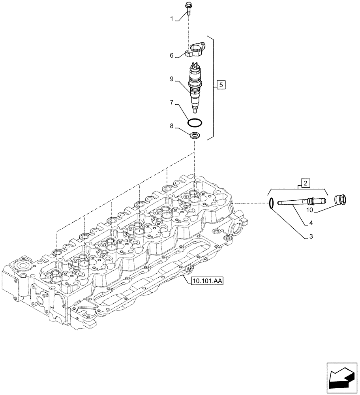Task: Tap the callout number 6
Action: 172,56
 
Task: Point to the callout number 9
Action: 172,79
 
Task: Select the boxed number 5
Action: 221,85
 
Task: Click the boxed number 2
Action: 306,182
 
